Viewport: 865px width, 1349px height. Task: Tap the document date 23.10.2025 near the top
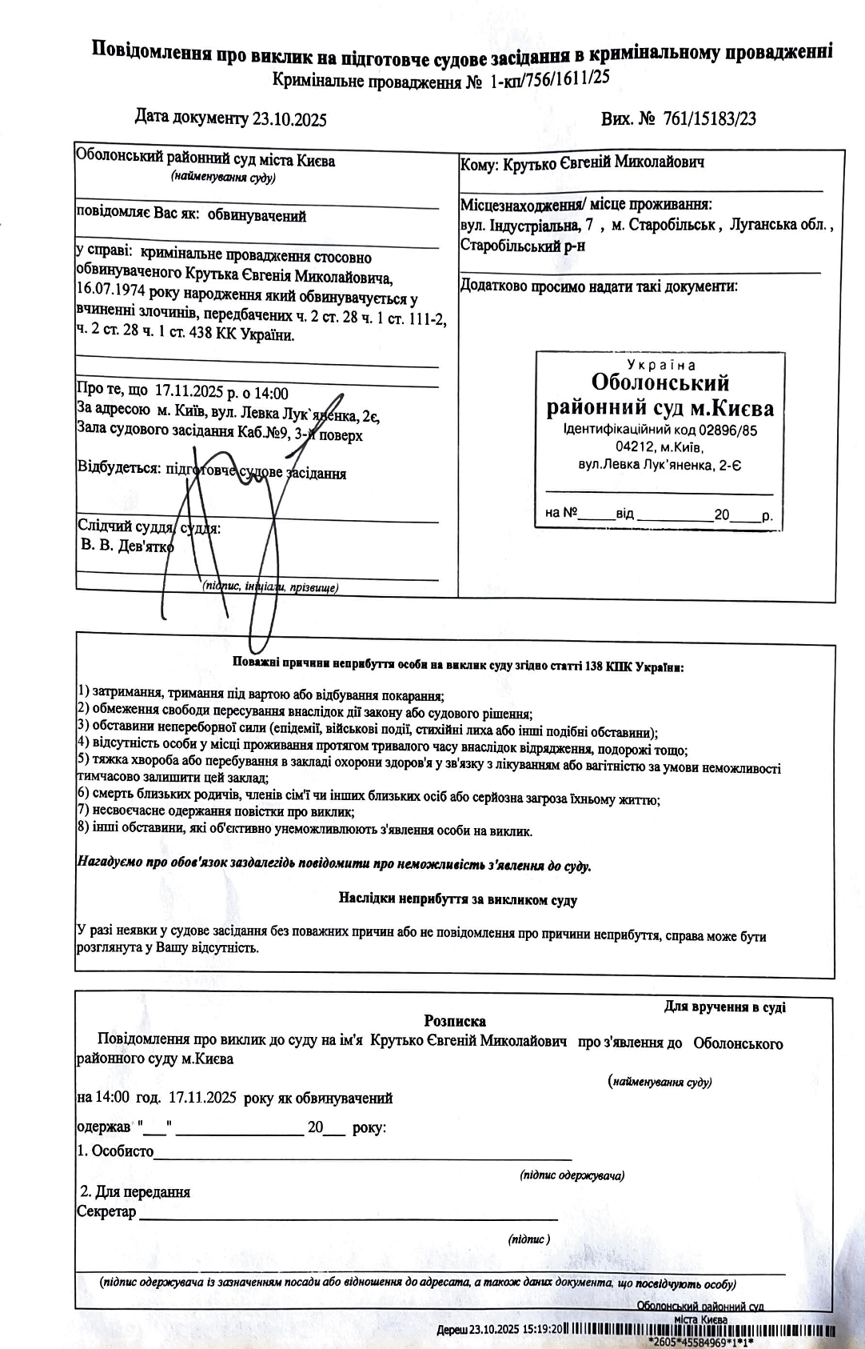point(289,120)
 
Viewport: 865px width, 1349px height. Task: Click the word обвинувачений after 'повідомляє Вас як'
point(258,216)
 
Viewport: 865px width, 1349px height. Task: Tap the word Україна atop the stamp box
point(661,365)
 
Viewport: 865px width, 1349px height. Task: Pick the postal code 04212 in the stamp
point(635,447)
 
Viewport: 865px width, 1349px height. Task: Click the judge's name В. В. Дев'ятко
point(127,547)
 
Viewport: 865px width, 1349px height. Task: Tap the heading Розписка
point(455,1022)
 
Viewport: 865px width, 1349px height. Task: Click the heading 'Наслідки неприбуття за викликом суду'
point(457,900)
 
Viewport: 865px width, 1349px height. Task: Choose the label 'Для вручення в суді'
point(724,1007)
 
